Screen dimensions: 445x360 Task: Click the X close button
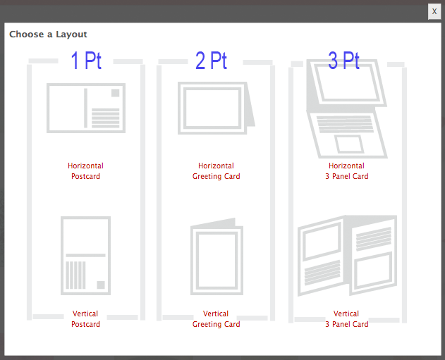[x=434, y=11]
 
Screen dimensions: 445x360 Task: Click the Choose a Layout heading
[x=48, y=35]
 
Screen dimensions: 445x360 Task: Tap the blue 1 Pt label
[x=86, y=61]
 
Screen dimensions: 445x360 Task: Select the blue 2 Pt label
[x=211, y=61]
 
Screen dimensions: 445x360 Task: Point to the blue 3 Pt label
[x=343, y=61]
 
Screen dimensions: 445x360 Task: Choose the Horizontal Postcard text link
[x=85, y=171]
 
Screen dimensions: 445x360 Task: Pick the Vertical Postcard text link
[x=85, y=319]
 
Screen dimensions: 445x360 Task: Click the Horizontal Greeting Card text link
[x=217, y=171]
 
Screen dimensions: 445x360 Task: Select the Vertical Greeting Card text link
[x=217, y=319]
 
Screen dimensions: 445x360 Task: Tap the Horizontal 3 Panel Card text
[x=346, y=171]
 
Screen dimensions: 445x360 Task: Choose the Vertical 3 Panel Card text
[x=346, y=319]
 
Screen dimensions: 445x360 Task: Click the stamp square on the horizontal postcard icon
[x=115, y=93]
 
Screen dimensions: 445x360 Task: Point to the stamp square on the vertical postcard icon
[x=101, y=285]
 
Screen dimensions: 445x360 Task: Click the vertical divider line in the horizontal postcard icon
[x=86, y=108]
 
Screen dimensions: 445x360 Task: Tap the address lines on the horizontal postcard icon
[x=105, y=118]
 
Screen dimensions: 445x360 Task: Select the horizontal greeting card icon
[x=217, y=108]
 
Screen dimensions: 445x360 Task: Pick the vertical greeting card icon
[x=217, y=256]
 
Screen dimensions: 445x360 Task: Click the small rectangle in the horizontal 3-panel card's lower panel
[x=349, y=144]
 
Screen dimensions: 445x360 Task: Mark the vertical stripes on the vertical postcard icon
[x=75, y=275]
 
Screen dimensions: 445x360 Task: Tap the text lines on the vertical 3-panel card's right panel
[x=374, y=239]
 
